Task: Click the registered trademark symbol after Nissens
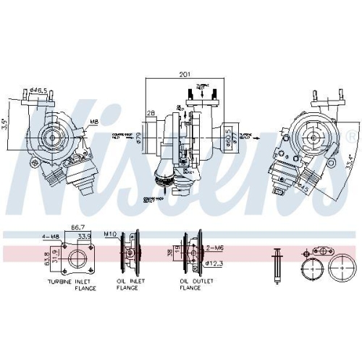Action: pyautogui.click(x=350, y=137)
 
